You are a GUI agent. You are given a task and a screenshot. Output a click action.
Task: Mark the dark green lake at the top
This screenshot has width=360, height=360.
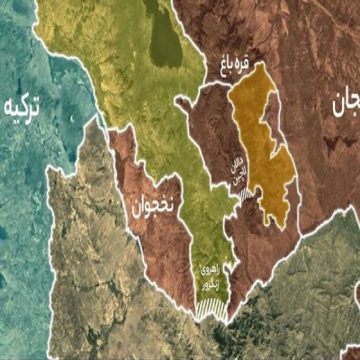click(x=164, y=38)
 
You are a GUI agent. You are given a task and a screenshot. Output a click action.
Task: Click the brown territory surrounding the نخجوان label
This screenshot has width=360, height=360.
click(x=162, y=234)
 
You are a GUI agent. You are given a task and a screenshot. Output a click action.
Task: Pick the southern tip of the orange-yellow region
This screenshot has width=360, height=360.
click(x=281, y=222)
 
